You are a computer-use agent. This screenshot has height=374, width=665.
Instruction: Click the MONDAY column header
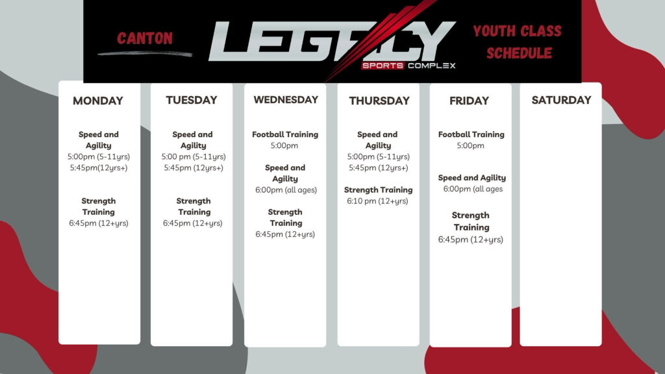98,101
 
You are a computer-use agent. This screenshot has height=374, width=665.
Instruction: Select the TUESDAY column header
192,100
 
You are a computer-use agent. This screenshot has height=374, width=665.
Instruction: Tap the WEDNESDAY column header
286,99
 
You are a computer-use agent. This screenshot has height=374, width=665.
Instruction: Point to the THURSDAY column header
379,101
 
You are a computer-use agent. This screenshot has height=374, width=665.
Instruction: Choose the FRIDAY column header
469,101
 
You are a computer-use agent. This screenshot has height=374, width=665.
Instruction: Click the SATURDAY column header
561,100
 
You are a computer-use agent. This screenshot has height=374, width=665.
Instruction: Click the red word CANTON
145,38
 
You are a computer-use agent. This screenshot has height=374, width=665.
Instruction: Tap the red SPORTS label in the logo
383,66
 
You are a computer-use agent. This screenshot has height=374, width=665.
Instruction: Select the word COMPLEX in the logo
432,66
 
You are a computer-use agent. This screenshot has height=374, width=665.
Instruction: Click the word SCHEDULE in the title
519,53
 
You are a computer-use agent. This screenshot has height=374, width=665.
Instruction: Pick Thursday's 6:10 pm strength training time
377,201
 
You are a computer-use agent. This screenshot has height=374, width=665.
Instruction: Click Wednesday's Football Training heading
285,134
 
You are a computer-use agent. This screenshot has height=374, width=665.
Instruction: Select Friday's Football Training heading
471,134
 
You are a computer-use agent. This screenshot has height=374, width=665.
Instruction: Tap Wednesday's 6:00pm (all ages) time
286,190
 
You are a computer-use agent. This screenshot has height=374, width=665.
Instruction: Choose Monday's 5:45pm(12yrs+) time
99,168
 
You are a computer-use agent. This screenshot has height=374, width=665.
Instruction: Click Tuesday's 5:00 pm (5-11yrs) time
194,157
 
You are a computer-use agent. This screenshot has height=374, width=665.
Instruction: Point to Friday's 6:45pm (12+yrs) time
470,240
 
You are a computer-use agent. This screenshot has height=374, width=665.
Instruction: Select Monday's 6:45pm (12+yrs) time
99,223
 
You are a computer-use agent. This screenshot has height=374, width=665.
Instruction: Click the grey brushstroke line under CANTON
145,53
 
